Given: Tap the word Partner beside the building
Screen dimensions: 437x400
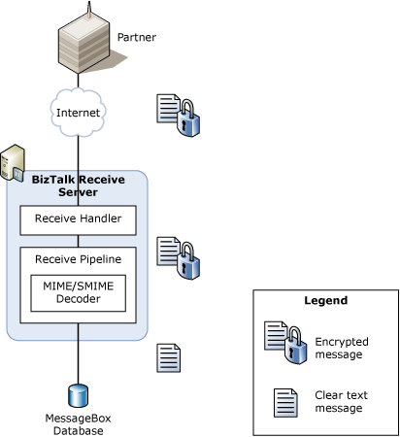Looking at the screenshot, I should tap(137, 38).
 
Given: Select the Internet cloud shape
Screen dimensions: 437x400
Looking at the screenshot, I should tap(78, 113).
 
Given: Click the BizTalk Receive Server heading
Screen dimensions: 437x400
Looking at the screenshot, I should tap(78, 185).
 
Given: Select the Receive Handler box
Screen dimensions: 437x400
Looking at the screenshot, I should tap(78, 218).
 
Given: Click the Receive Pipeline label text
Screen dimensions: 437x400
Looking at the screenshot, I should tap(78, 259).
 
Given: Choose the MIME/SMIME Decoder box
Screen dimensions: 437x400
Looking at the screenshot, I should tap(78, 292).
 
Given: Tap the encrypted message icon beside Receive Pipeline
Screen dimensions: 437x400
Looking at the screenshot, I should tap(178, 255).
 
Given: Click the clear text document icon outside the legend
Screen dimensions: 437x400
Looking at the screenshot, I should tap(170, 357).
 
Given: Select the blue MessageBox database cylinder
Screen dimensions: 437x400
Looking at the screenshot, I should tap(78, 395).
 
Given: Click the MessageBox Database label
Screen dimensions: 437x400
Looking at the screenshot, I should tap(78, 423).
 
